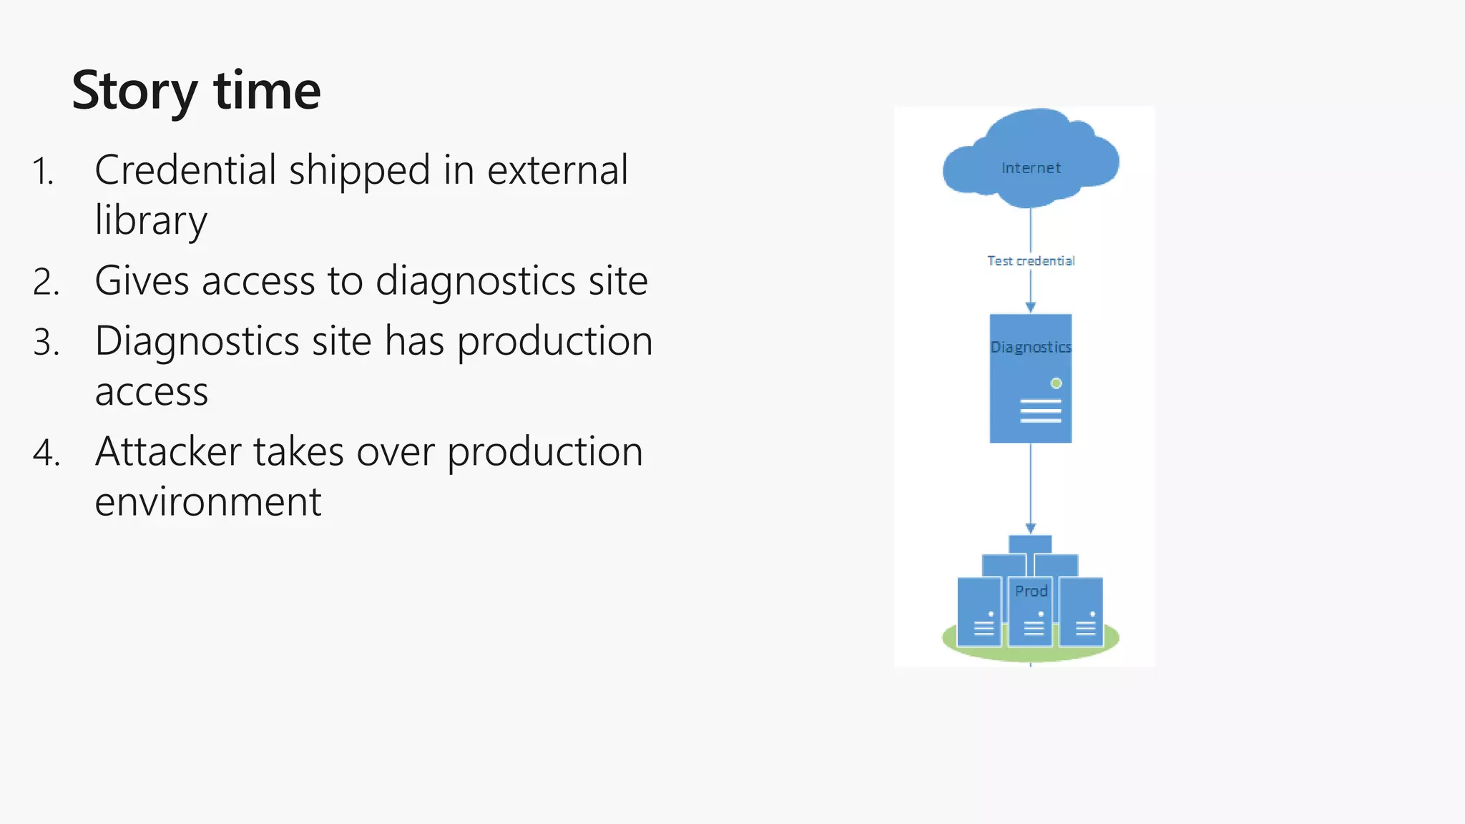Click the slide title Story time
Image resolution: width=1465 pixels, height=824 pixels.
pos(196,91)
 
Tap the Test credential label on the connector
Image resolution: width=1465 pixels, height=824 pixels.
pos(1031,261)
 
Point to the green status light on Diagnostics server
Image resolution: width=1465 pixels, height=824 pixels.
pos(1056,383)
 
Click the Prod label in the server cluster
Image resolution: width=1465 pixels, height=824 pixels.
pos(1031,591)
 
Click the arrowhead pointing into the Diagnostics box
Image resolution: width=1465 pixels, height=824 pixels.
pos(1030,308)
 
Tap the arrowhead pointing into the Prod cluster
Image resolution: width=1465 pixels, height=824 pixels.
pos(1030,529)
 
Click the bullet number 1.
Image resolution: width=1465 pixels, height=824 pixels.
pos(44,172)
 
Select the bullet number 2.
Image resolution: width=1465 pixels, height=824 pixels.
pos(46,282)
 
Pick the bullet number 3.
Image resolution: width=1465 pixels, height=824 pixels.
pos(46,343)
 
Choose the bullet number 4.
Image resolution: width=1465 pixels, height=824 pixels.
pos(46,453)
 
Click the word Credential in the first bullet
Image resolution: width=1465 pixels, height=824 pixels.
pos(185,170)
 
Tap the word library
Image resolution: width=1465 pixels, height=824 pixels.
pos(151,220)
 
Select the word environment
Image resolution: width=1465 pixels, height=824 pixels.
pos(208,502)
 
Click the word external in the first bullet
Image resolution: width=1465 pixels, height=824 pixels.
pos(557,170)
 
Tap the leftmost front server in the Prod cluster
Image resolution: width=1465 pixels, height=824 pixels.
pos(979,612)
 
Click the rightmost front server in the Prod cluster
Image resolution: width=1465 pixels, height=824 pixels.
pos(1081,612)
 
